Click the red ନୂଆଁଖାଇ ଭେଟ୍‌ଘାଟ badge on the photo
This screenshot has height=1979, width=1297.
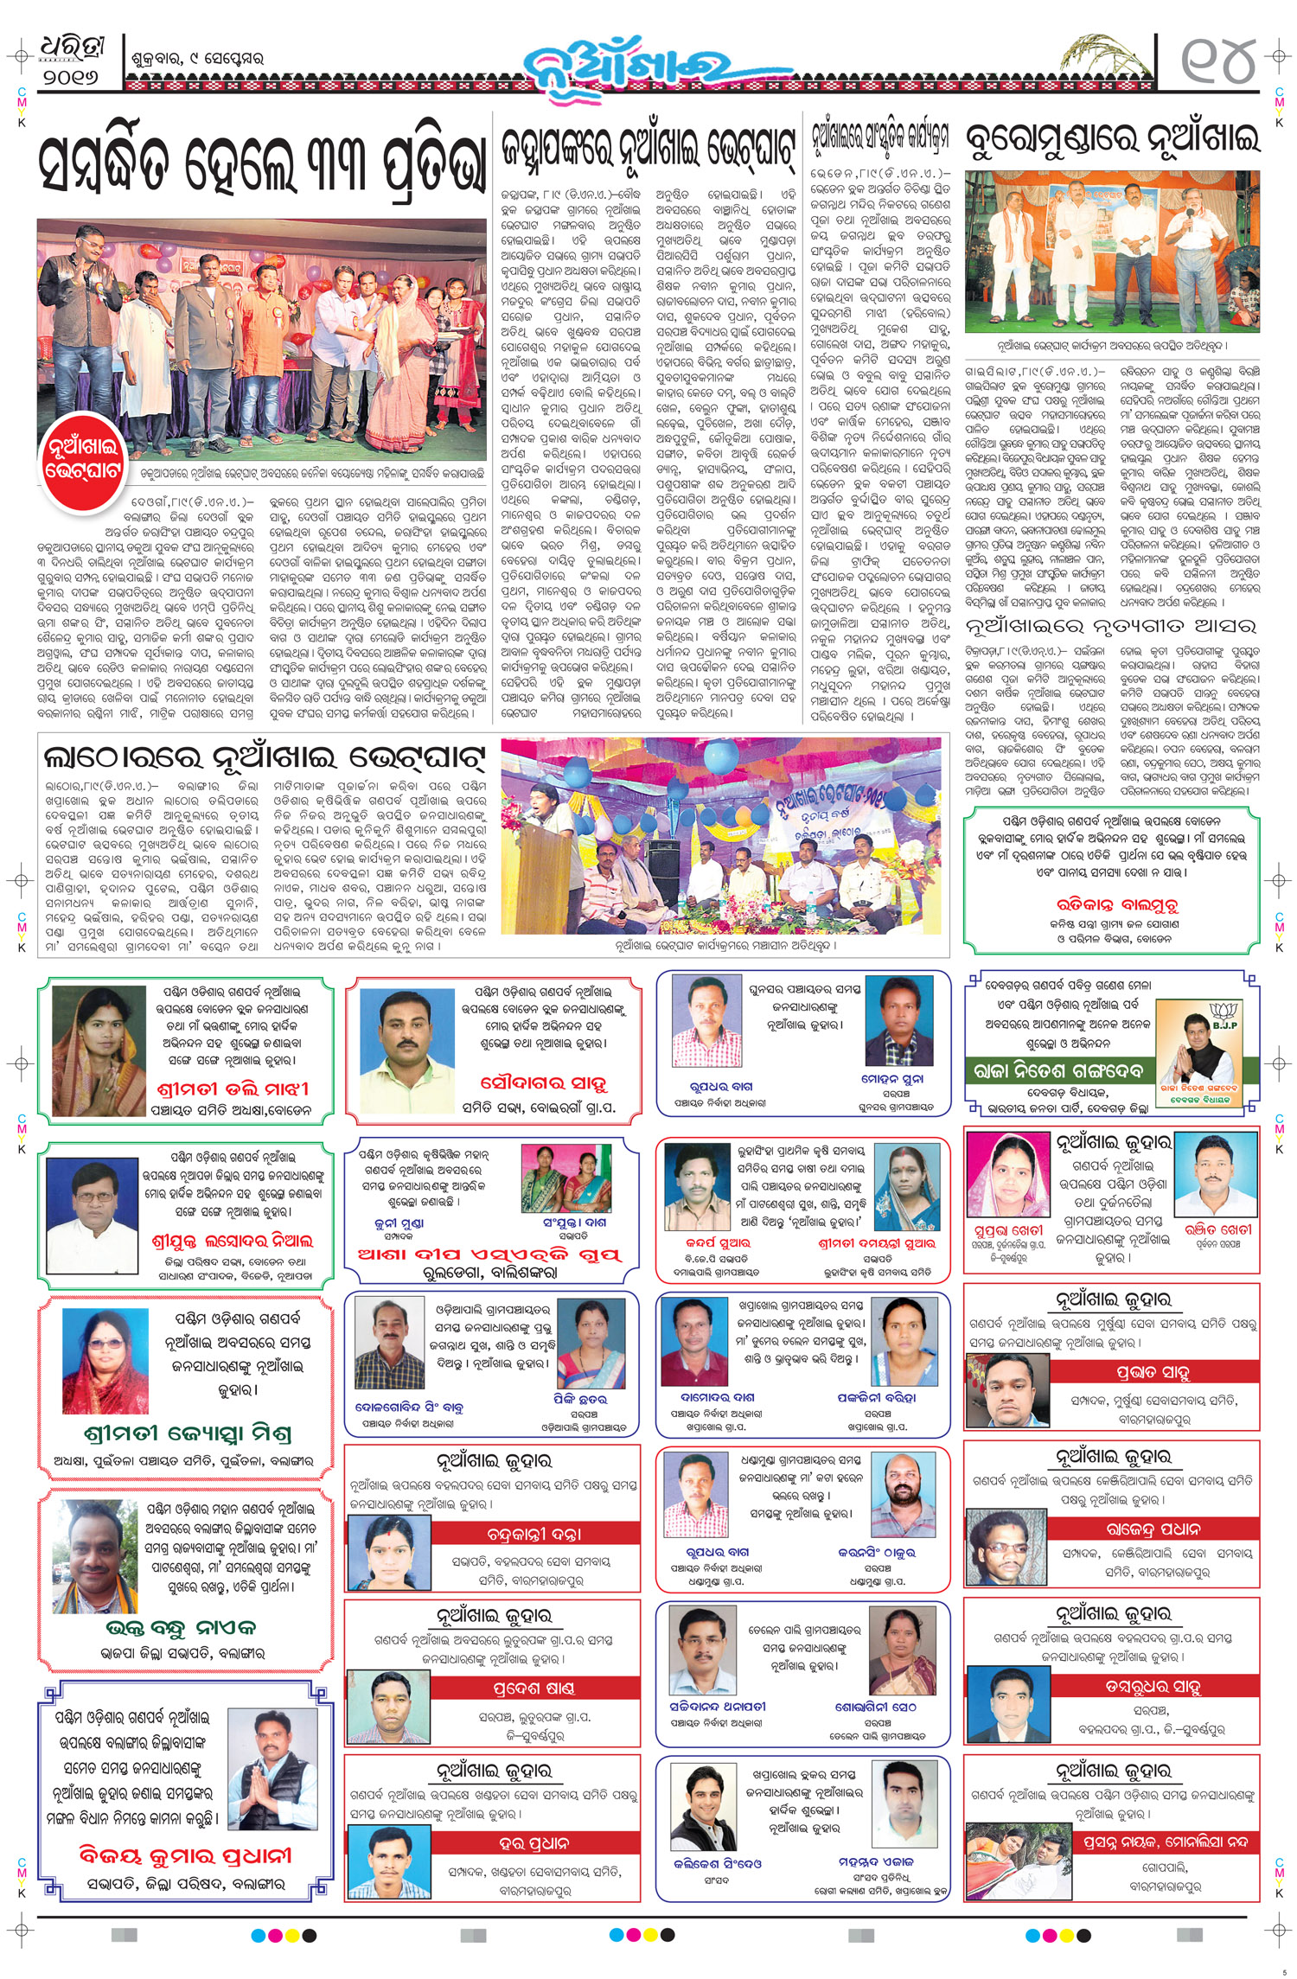point(84,458)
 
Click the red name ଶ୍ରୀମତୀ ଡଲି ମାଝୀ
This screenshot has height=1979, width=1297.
point(233,1088)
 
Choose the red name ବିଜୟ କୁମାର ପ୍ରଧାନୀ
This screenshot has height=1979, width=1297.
point(186,1855)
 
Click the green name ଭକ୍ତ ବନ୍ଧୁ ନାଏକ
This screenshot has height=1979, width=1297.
point(181,1628)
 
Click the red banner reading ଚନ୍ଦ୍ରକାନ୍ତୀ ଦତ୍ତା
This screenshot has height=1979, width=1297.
point(534,1534)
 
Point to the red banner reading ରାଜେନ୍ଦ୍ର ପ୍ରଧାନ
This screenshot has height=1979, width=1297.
point(1153,1529)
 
